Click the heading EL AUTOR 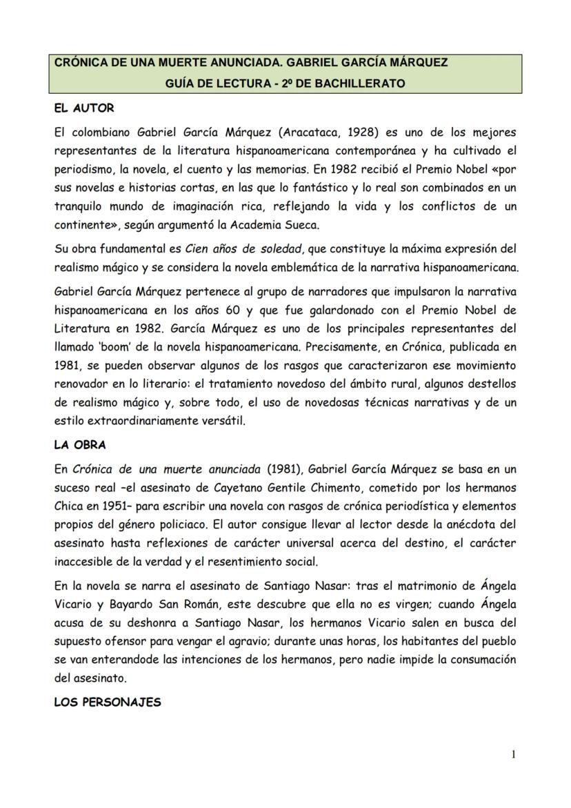(x=84, y=108)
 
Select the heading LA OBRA (x=80, y=445)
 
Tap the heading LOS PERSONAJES (x=107, y=702)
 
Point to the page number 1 (x=514, y=754)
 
